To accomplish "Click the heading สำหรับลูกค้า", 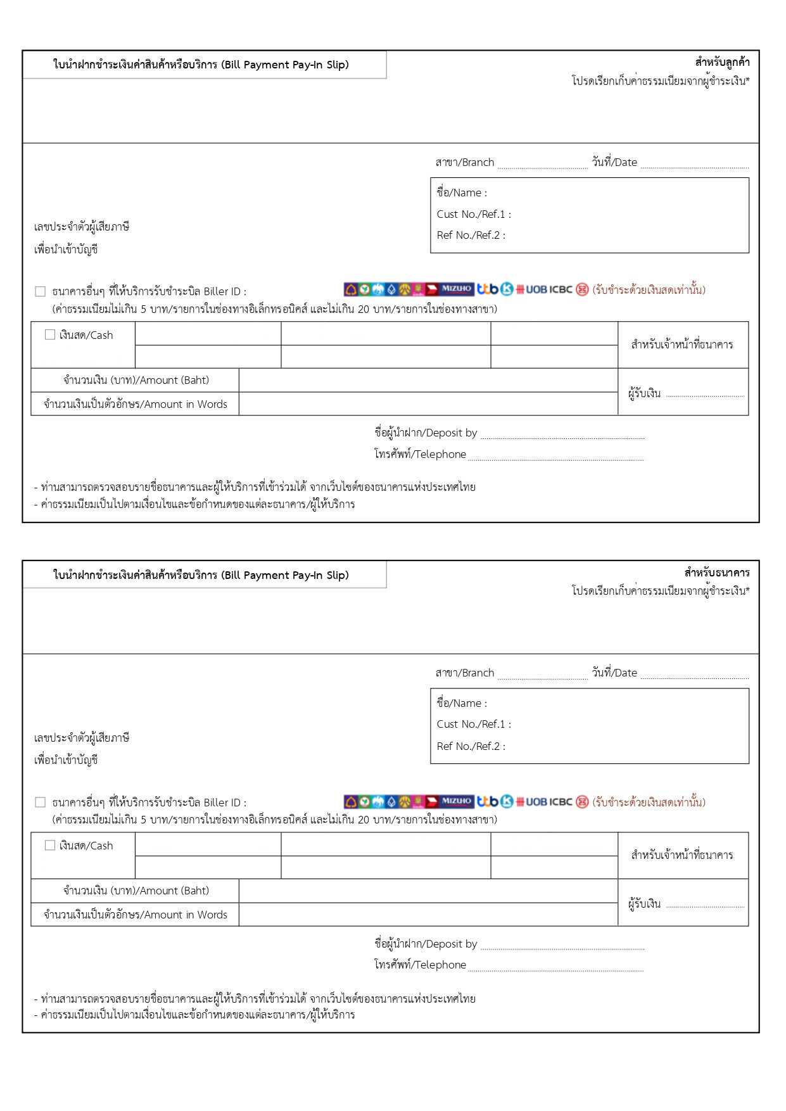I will pyautogui.click(x=722, y=62).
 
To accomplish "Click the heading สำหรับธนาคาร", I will pyautogui.click(x=716, y=573).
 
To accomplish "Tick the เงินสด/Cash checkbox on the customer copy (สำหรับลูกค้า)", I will pyautogui.click(x=50, y=334).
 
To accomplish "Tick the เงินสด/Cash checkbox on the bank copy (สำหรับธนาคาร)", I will pyautogui.click(x=50, y=845).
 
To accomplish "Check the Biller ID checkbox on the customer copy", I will pyautogui.click(x=41, y=291).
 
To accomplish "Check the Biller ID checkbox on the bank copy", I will pyautogui.click(x=41, y=803).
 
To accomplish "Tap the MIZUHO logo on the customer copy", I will pyautogui.click(x=456, y=289).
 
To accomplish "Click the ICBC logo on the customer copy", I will pyautogui.click(x=561, y=289).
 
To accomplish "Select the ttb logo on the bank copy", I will pyautogui.click(x=488, y=801).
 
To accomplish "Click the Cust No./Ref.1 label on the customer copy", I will pyautogui.click(x=474, y=214).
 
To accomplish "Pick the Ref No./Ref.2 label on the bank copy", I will pyautogui.click(x=471, y=746).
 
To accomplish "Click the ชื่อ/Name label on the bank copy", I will pyautogui.click(x=462, y=703).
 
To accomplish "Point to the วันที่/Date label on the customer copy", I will pyautogui.click(x=614, y=162).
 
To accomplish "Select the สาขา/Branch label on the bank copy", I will pyautogui.click(x=464, y=673).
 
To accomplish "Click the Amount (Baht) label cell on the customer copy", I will pyautogui.click(x=136, y=380).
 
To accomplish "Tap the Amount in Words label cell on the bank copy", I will pyautogui.click(x=136, y=915).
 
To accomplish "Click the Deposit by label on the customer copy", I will pyautogui.click(x=426, y=433).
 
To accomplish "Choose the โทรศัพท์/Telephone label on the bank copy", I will pyautogui.click(x=420, y=965).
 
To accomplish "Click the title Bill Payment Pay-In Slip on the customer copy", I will pyautogui.click(x=201, y=65).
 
